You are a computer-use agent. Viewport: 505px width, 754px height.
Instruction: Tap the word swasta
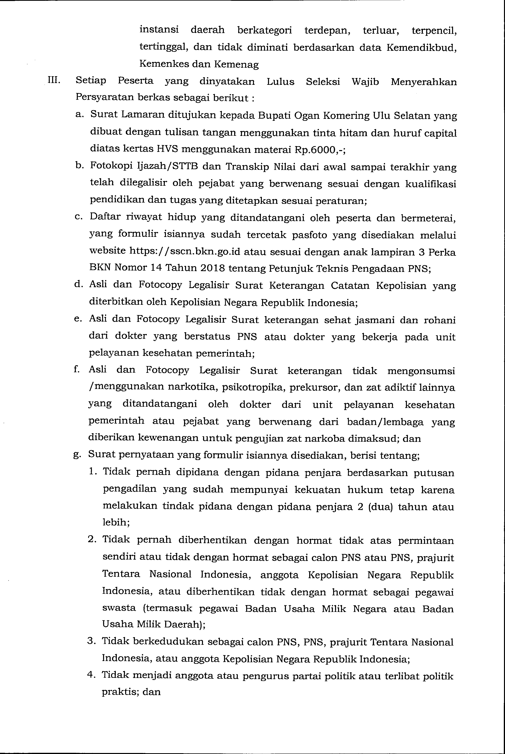pos(119,608)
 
